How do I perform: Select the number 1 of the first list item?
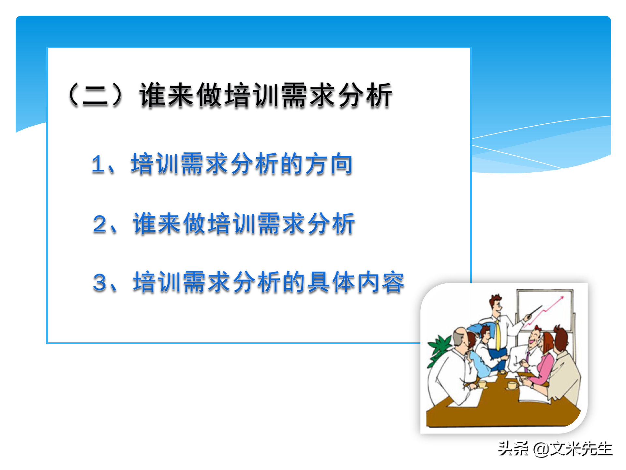[98, 164]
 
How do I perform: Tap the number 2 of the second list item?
[100, 224]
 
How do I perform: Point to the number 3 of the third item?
[100, 282]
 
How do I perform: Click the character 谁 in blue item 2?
[145, 224]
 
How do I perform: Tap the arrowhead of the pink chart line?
[561, 298]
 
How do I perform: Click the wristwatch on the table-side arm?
[532, 385]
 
